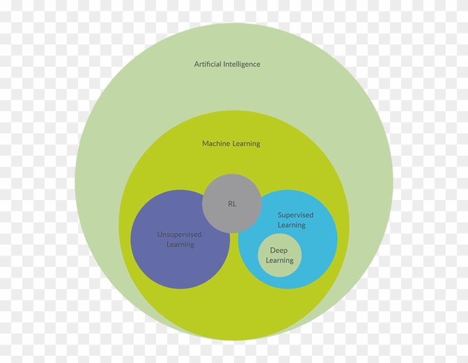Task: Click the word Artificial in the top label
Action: click(207, 64)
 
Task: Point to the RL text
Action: click(232, 204)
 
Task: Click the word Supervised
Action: click(295, 215)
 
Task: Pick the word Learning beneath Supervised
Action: click(291, 225)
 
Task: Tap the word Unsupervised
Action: click(179, 235)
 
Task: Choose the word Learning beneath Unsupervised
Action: click(181, 245)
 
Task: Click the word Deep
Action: click(279, 251)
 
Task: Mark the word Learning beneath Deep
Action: click(280, 261)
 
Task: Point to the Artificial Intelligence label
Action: click(227, 64)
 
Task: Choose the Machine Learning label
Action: click(231, 144)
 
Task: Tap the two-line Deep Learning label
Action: click(280, 256)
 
